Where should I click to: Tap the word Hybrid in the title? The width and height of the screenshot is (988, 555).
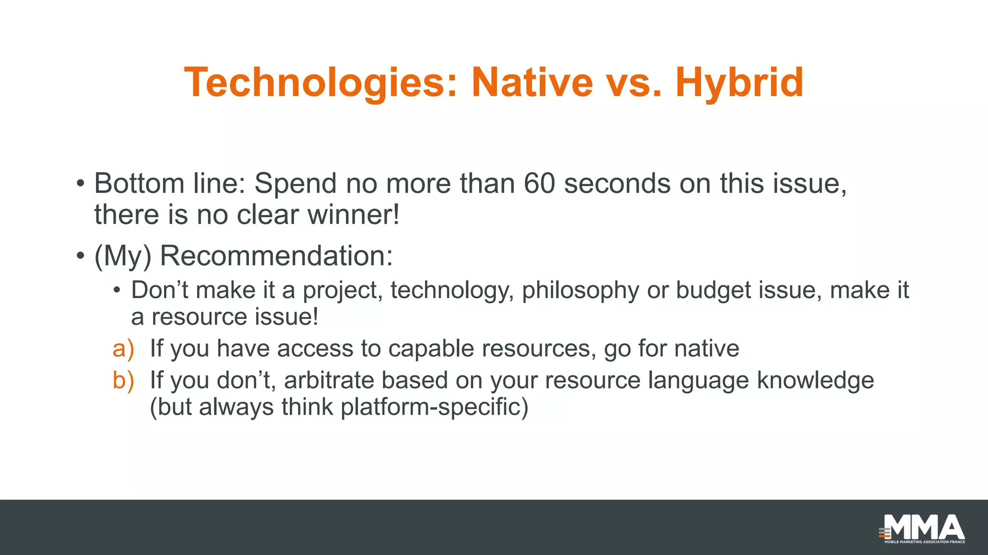click(x=739, y=83)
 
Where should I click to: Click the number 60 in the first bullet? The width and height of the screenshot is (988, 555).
click(x=539, y=184)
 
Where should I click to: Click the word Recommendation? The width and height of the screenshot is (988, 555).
click(x=276, y=256)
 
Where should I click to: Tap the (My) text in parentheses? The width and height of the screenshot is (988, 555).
click(x=123, y=256)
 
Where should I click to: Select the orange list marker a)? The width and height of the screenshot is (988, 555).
click(x=123, y=349)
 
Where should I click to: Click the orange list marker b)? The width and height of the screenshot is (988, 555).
click(x=123, y=381)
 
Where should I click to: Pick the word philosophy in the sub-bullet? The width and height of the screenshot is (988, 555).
click(x=580, y=291)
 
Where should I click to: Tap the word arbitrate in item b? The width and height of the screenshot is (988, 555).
click(x=329, y=381)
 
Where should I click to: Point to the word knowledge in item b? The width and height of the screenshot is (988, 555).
click(x=815, y=381)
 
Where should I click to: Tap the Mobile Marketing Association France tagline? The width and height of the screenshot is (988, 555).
click(x=924, y=542)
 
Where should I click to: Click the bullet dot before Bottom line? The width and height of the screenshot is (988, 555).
click(x=81, y=184)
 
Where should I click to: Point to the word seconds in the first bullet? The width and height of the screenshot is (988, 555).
click(x=617, y=184)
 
